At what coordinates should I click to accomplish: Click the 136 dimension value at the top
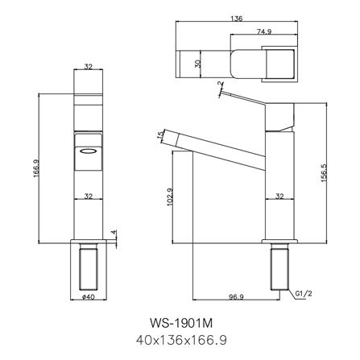tap(237, 19)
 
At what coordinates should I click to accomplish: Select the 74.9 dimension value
tap(264, 31)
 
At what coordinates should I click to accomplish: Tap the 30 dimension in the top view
tap(198, 64)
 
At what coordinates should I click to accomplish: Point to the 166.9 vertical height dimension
tap(36, 168)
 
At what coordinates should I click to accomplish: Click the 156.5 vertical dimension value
tap(324, 173)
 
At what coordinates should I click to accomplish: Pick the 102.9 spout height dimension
tap(170, 197)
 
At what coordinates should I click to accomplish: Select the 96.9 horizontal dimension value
tap(236, 297)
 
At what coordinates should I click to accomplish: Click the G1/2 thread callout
tap(304, 293)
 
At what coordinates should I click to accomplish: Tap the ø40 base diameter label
tap(89, 297)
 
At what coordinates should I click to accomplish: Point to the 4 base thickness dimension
tap(114, 232)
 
